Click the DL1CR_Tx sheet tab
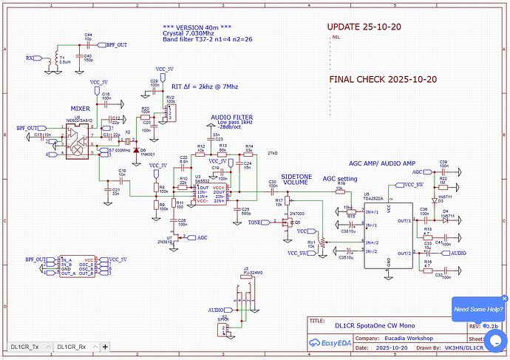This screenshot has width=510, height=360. coord(27,346)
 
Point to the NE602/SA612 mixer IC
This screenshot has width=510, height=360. coord(76,140)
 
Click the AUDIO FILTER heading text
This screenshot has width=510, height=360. coord(231,118)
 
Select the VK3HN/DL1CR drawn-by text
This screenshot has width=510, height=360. coord(462,346)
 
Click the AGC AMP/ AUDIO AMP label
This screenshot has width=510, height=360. coord(388,163)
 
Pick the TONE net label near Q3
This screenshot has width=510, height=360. coord(254,222)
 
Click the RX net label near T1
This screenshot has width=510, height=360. coord(30,57)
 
